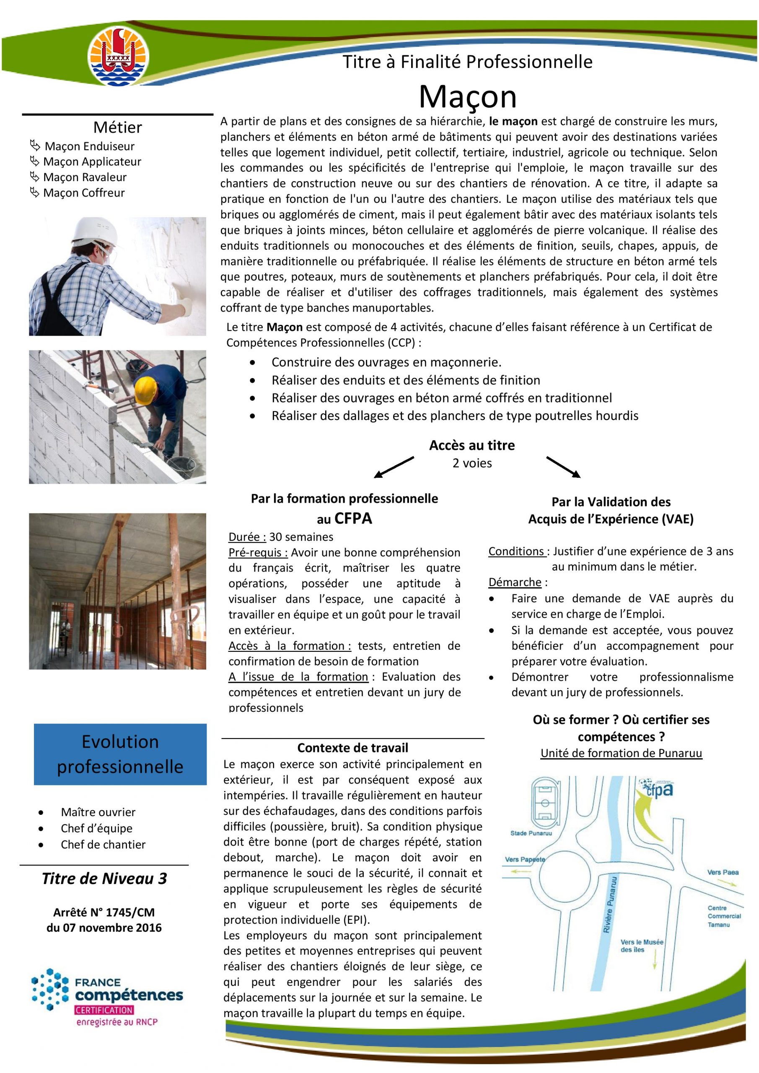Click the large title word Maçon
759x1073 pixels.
[x=467, y=97]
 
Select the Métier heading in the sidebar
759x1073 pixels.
[x=117, y=127]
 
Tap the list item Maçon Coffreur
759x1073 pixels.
[x=84, y=193]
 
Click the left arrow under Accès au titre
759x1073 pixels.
[x=394, y=467]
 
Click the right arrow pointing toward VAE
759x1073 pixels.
[x=564, y=467]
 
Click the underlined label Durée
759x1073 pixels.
[x=247, y=537]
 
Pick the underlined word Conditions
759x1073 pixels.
[x=516, y=552]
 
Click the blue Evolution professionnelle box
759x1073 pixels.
[x=120, y=754]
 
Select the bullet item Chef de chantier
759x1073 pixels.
[x=103, y=845]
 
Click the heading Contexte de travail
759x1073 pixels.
[x=352, y=748]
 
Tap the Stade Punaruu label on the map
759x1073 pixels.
[x=531, y=833]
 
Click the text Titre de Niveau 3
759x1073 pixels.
[x=104, y=879]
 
